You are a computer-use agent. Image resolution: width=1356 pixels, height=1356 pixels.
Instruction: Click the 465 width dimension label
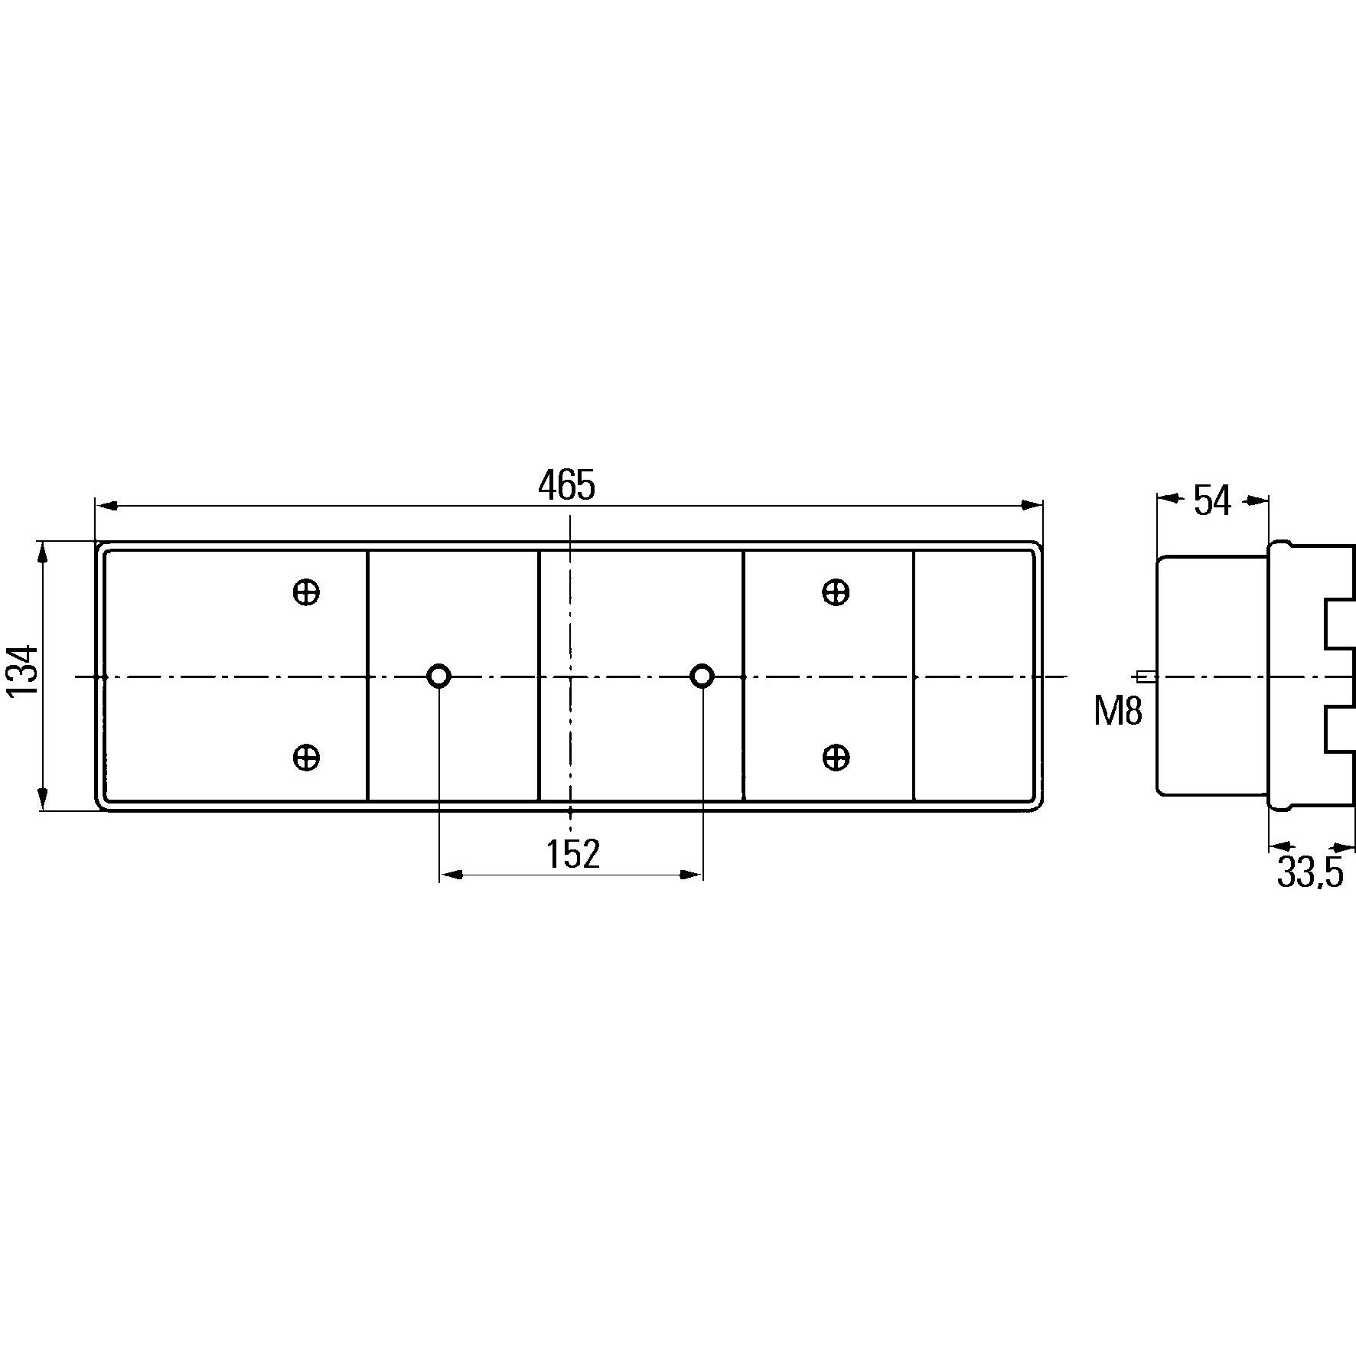pyautogui.click(x=566, y=486)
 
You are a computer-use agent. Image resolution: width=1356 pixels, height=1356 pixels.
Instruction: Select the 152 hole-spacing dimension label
pyautogui.click(x=572, y=854)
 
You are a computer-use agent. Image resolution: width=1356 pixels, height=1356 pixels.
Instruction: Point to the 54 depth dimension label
pyautogui.click(x=1212, y=501)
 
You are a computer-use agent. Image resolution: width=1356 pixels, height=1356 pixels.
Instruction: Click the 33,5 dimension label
pyautogui.click(x=1309, y=873)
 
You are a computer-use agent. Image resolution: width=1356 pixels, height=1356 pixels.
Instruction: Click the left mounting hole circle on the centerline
pyautogui.click(x=438, y=676)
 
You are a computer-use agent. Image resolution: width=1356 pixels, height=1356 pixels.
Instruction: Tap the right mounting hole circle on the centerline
pyautogui.click(x=702, y=676)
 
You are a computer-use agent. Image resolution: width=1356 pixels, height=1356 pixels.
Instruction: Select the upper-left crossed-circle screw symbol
pyautogui.click(x=306, y=592)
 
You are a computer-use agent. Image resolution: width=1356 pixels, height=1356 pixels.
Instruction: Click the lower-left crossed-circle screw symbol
pyautogui.click(x=306, y=758)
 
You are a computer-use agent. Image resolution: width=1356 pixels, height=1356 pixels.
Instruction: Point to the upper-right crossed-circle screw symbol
pyautogui.click(x=836, y=592)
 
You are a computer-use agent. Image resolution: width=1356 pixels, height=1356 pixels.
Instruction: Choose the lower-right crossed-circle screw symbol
pyautogui.click(x=836, y=758)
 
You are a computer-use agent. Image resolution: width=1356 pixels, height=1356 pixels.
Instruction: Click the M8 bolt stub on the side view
pyautogui.click(x=1146, y=676)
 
